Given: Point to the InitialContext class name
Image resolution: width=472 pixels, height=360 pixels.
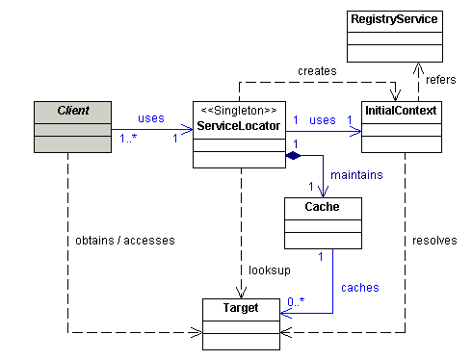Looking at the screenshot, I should (x=400, y=111).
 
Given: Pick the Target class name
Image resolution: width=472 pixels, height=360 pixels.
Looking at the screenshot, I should (x=242, y=308).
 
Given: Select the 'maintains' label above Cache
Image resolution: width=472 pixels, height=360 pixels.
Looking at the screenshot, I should (x=355, y=174).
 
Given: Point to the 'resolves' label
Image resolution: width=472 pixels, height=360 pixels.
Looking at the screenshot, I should (x=434, y=240).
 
